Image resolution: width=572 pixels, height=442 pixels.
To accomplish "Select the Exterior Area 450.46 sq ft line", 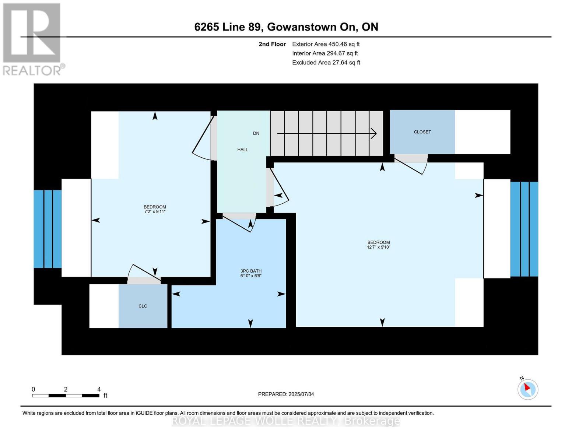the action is click(x=326, y=44).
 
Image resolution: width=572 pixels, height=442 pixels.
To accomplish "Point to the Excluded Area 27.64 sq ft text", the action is click(x=326, y=63).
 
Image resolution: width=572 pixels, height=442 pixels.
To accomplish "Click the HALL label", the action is click(x=242, y=150).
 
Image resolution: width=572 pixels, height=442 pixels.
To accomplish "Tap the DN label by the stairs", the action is click(x=256, y=133).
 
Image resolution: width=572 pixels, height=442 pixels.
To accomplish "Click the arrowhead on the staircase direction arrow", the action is click(x=374, y=133).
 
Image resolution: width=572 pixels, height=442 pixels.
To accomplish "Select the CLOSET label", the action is click(x=422, y=132).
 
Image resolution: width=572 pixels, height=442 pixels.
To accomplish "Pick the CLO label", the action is click(x=143, y=306).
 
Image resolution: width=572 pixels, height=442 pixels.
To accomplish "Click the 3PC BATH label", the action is click(x=251, y=271).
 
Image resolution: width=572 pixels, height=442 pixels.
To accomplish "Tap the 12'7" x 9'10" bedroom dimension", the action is click(x=378, y=247).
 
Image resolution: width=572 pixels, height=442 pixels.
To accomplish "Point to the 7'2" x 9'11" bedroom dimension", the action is click(x=155, y=211).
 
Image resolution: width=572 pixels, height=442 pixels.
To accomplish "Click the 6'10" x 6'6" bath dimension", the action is click(x=251, y=276).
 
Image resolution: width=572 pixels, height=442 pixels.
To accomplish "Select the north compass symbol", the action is click(x=527, y=389).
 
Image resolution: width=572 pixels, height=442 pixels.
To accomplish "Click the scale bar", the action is click(x=66, y=396).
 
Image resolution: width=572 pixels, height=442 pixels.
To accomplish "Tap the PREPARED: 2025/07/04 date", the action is click(x=286, y=394).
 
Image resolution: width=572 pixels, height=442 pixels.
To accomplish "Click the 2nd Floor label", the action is click(x=272, y=44).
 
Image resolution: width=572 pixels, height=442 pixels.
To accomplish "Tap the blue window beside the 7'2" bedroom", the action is click(x=48, y=229).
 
